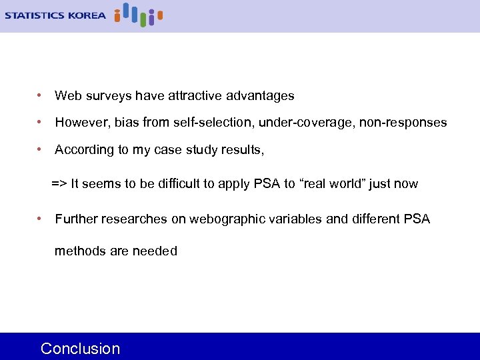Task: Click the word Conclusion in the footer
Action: [x=80, y=349]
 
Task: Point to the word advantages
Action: [x=260, y=96]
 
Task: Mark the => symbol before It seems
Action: [x=59, y=183]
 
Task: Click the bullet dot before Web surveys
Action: [x=41, y=96]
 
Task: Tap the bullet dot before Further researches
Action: [x=41, y=219]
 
